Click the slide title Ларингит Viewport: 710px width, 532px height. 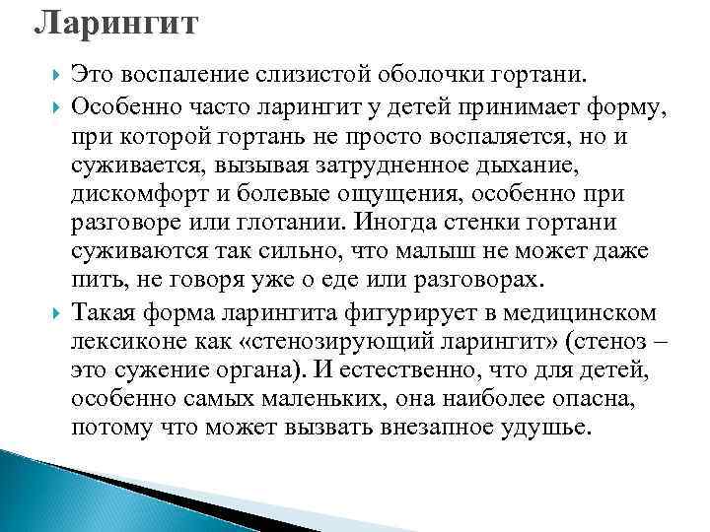point(115,22)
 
